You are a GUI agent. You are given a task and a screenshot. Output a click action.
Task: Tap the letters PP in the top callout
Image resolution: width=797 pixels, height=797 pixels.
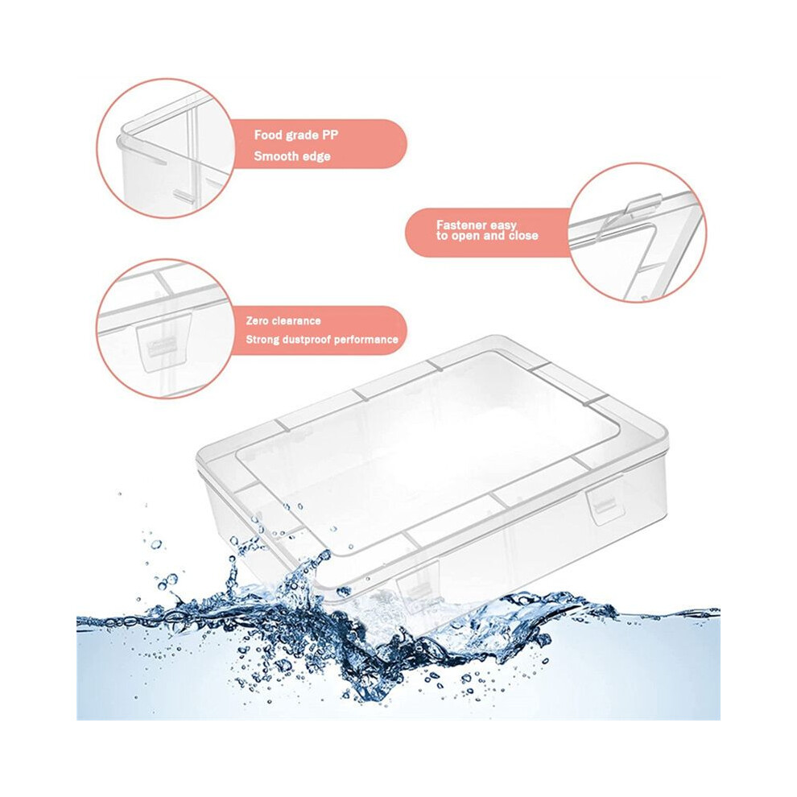point(329,134)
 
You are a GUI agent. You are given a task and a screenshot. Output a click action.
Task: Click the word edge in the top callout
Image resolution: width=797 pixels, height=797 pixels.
point(315,157)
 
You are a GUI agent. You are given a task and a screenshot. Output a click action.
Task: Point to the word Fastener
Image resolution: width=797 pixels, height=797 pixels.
point(461,225)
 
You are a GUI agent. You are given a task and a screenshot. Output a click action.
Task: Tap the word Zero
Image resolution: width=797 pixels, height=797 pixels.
point(257,320)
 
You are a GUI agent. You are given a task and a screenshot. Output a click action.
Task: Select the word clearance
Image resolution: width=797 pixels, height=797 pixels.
point(295,320)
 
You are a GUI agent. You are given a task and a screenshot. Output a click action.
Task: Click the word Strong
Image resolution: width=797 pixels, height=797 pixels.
point(262,340)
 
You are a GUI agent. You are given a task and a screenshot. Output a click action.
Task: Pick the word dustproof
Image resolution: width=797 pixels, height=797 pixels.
point(306,340)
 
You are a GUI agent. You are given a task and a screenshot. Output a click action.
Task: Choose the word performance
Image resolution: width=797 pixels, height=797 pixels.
point(366,340)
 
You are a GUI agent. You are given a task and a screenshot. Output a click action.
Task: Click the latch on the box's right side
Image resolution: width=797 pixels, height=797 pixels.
point(603,502)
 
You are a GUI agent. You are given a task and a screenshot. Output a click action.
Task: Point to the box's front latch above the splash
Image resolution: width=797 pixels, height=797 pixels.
point(418,587)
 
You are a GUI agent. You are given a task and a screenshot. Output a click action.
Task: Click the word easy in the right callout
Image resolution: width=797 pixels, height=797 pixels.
point(503,225)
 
